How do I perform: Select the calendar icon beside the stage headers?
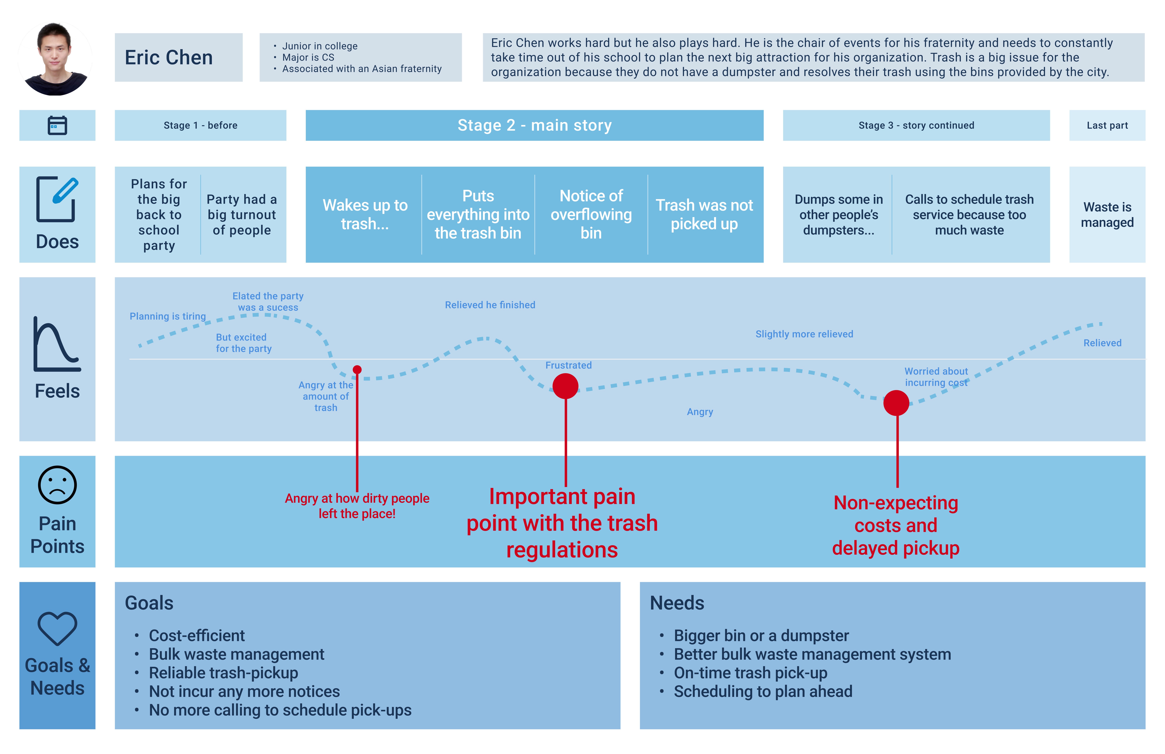[57, 125]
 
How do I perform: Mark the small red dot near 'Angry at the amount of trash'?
[357, 370]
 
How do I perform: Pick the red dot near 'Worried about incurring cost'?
[896, 403]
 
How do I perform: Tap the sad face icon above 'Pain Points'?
[57, 485]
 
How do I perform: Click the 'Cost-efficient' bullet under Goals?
[197, 636]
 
